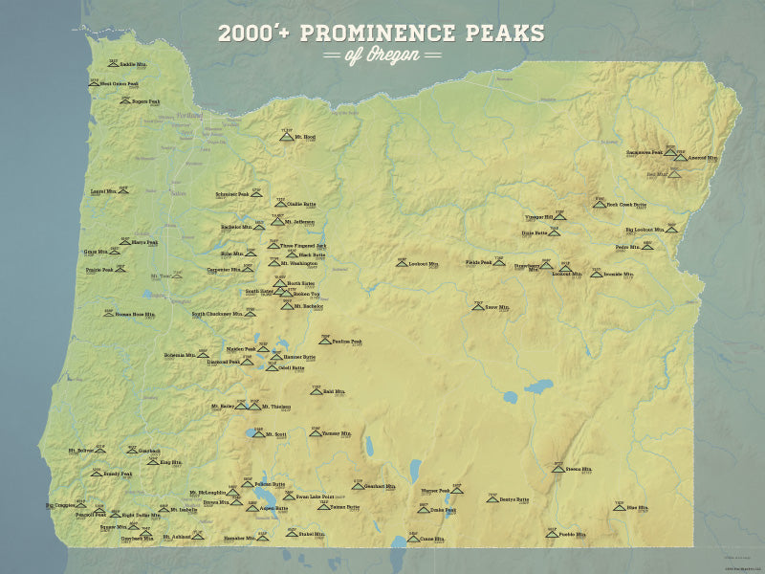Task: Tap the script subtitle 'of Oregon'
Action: (x=382, y=55)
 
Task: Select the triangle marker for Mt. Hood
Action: (x=286, y=138)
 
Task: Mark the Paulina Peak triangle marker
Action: (x=325, y=342)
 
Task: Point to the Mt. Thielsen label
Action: (x=278, y=408)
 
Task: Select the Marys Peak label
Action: (x=144, y=242)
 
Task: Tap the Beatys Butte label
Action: (x=514, y=499)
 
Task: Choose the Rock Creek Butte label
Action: (x=627, y=205)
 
